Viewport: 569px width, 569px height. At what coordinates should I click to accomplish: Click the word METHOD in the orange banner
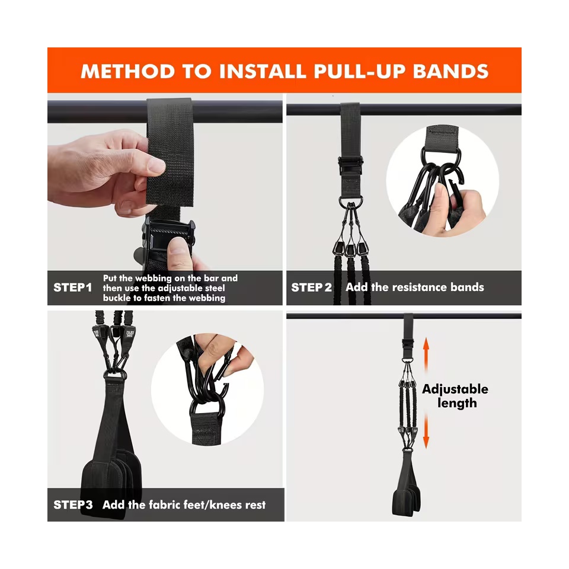click(x=128, y=71)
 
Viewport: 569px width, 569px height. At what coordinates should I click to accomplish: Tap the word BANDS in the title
click(x=450, y=71)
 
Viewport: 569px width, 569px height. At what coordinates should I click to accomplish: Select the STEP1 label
click(x=72, y=288)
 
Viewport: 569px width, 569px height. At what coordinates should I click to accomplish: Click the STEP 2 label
click(x=311, y=287)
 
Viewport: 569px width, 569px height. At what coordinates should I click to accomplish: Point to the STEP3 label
click(x=73, y=505)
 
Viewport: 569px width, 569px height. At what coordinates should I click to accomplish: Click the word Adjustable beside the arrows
click(x=455, y=389)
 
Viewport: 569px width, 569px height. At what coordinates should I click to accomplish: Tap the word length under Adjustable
click(x=457, y=403)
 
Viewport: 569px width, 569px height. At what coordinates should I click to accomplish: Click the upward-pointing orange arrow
click(x=426, y=356)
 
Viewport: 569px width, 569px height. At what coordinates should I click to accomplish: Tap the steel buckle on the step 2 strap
click(x=350, y=165)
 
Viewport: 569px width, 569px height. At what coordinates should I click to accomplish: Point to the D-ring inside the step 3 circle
click(x=207, y=410)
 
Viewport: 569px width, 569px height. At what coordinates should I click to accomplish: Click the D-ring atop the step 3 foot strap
click(x=116, y=375)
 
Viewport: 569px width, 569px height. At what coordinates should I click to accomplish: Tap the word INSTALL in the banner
click(x=263, y=71)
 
